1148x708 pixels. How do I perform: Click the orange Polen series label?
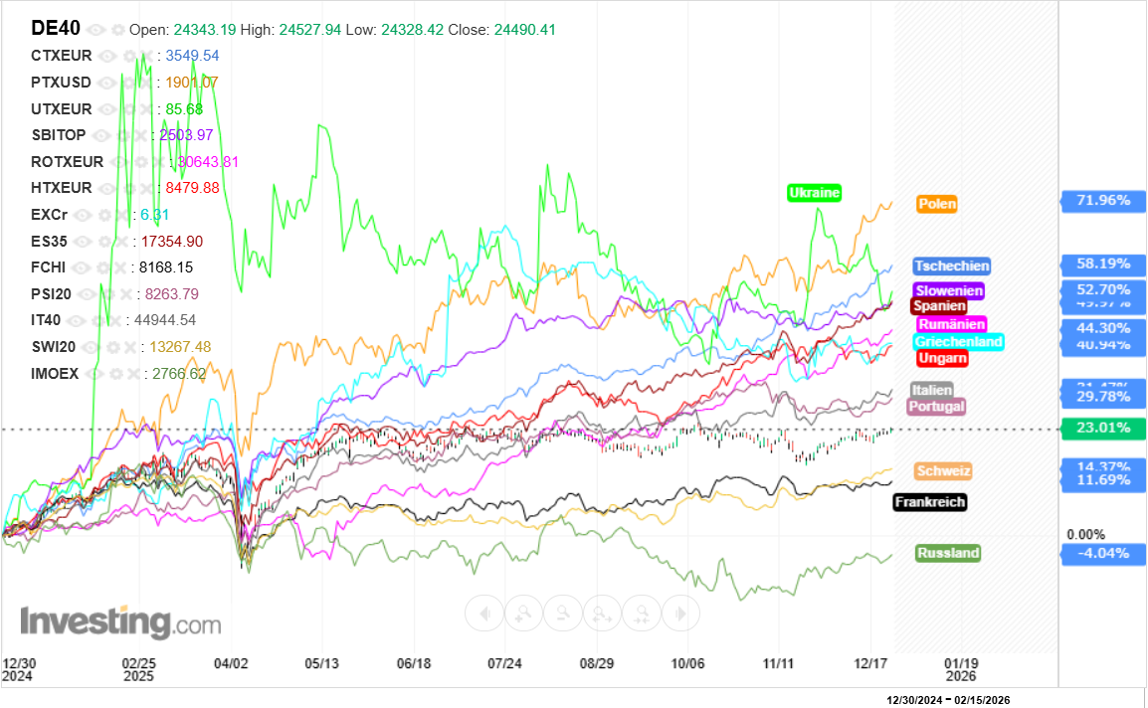[x=937, y=204]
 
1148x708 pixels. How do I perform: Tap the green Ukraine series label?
[x=815, y=193]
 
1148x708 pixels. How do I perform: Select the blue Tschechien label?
[x=952, y=265]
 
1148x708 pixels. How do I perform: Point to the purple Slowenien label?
[x=949, y=290]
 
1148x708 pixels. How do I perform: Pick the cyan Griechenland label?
[x=958, y=341]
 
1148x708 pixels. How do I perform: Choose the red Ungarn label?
[x=941, y=357]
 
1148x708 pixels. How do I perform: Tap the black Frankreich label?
[x=929, y=502]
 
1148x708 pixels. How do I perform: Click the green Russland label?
[x=948, y=553]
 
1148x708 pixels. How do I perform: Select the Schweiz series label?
[x=942, y=470]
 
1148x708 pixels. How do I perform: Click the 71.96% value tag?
[x=1102, y=201]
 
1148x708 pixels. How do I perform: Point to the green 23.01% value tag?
[x=1102, y=430]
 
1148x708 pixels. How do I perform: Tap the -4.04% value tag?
[x=1102, y=553]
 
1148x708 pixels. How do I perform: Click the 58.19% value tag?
[x=1102, y=265]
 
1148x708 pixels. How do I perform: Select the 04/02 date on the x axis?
[x=231, y=663]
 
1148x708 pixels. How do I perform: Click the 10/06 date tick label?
[x=687, y=663]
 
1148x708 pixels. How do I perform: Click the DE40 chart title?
[x=56, y=29]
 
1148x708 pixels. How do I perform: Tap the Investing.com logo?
[x=120, y=622]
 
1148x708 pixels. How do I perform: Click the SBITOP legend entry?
[x=59, y=135]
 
